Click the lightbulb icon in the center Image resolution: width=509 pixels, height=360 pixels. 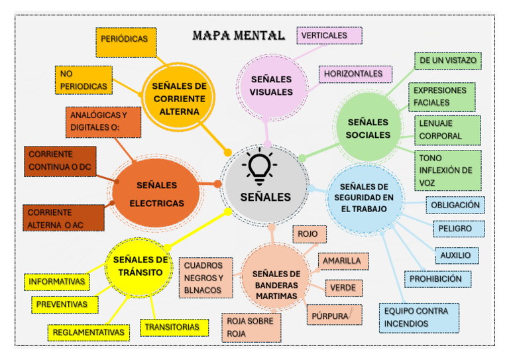pyautogui.click(x=260, y=167)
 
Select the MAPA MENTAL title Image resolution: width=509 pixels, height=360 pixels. pyautogui.click(x=238, y=35)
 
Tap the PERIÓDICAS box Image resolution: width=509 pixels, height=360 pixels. pyautogui.click(x=125, y=40)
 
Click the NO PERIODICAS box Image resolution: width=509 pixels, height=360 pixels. pyautogui.click(x=84, y=80)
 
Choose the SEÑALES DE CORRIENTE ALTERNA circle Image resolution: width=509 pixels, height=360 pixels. pyautogui.click(x=179, y=98)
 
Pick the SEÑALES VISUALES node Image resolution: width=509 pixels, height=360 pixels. pyautogui.click(x=271, y=86)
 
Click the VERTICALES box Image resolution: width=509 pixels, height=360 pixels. pyautogui.click(x=329, y=35)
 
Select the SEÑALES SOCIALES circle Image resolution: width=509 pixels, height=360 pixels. pyautogui.click(x=368, y=128)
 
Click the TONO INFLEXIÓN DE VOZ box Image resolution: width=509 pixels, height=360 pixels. pyautogui.click(x=447, y=170)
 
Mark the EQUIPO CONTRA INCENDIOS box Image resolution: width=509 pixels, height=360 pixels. pyautogui.click(x=418, y=318)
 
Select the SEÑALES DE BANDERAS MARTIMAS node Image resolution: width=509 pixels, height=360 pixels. pyautogui.click(x=276, y=284)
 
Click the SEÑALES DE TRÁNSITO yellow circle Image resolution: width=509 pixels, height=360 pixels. pyautogui.click(x=141, y=266)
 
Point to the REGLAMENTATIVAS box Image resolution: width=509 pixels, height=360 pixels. pyautogui.click(x=89, y=331)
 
